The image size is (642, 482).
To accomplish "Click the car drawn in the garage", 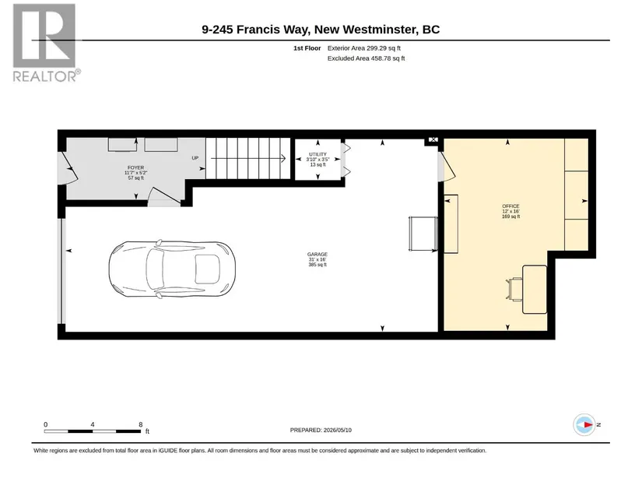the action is pos(172,269).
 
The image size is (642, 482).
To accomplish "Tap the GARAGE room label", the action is pos(317,255).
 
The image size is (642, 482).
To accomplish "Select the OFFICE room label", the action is pos(510,206).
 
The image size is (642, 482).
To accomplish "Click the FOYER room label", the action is pos(135,167).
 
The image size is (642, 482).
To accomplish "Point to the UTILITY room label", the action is pos(317,154).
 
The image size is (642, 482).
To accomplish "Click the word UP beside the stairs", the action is pos(195,158).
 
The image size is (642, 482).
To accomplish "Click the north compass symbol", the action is pos(584,424).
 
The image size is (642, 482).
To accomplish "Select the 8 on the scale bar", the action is pos(140,424).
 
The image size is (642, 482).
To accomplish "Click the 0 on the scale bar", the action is pos(46,424).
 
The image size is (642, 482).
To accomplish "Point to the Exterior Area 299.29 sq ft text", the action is pos(364,48).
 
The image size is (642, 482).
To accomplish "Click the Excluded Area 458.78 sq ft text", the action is pos(366,58).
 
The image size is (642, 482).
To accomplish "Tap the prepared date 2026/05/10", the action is pos(338,430).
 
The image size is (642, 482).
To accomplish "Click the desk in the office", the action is pos(535,290).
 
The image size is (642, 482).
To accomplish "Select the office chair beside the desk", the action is pos(514,289).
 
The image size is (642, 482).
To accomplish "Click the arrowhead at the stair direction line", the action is pos(283,158).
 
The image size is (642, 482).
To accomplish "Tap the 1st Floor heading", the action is pos(307,48).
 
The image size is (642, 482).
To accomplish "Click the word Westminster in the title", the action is pos(377,30).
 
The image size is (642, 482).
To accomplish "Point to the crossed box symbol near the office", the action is pos(433,139).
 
